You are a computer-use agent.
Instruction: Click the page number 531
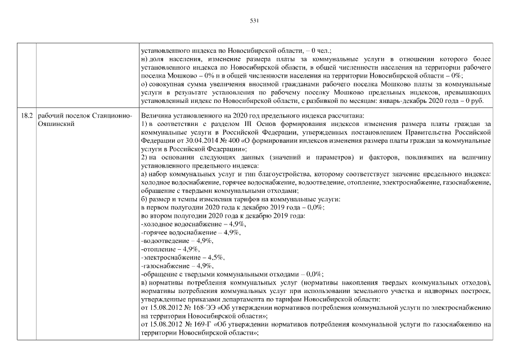254,21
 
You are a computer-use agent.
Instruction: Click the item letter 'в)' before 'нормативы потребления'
143,281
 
